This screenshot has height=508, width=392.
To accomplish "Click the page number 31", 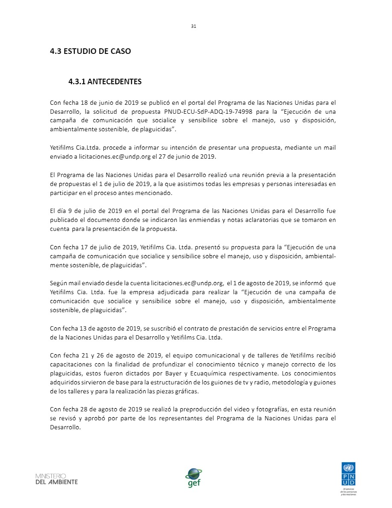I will (193, 26).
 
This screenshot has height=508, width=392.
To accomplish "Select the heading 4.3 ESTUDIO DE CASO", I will (90, 51).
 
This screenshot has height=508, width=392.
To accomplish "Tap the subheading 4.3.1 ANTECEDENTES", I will (105, 81).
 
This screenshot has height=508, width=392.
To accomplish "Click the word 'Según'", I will (59, 283).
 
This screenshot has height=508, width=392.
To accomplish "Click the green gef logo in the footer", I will (193, 477).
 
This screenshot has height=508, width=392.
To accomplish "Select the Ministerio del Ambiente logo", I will (56, 478).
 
